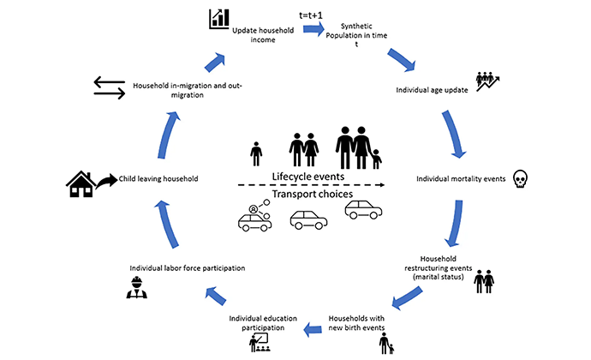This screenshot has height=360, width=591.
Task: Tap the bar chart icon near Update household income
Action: (x=219, y=17)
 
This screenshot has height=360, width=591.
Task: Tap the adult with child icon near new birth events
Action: (x=387, y=342)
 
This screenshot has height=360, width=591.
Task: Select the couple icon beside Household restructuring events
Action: (x=485, y=282)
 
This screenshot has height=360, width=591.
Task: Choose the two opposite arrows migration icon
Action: (x=110, y=87)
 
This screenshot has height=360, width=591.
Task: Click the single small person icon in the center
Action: (x=255, y=154)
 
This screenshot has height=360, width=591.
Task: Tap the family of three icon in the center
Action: (x=359, y=148)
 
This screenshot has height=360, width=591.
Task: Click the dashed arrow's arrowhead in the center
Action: (x=381, y=184)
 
